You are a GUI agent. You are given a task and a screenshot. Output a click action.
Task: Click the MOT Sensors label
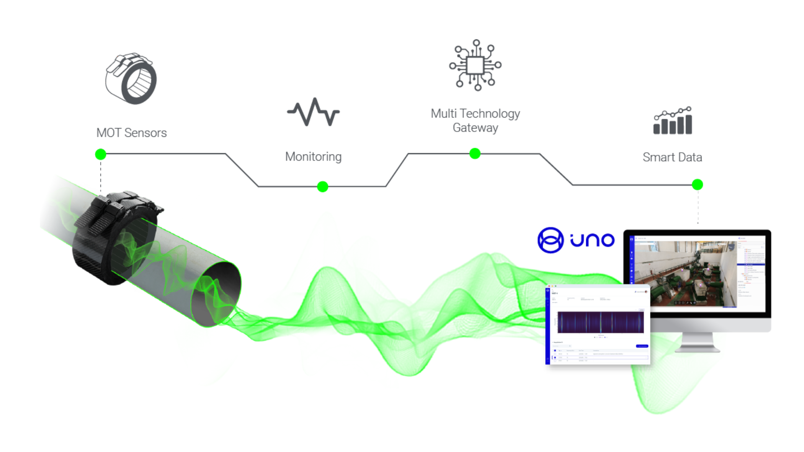point(131,133)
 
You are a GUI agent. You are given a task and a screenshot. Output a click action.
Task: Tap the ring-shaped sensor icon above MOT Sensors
point(131,79)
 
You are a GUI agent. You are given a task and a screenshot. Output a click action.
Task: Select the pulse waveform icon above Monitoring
point(313,112)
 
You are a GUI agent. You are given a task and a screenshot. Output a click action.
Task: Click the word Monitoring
point(313,157)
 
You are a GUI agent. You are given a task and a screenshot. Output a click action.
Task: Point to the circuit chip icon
point(475,65)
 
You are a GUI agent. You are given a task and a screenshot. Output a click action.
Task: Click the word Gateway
point(475,128)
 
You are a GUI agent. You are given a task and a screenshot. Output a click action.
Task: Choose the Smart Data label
point(672,157)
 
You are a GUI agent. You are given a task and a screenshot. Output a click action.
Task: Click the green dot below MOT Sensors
point(100,154)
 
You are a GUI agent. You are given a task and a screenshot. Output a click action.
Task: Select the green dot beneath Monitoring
point(322,187)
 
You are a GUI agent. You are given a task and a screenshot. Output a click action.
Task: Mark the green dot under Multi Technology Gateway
point(475,154)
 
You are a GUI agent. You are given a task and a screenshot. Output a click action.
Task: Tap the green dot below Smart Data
point(697,185)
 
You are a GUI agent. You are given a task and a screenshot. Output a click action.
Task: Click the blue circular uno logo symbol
point(550,240)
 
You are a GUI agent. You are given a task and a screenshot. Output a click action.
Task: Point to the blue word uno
point(592,240)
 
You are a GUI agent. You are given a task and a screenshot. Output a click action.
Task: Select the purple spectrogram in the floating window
point(600,323)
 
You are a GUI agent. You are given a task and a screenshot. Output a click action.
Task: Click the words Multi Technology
point(475,113)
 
